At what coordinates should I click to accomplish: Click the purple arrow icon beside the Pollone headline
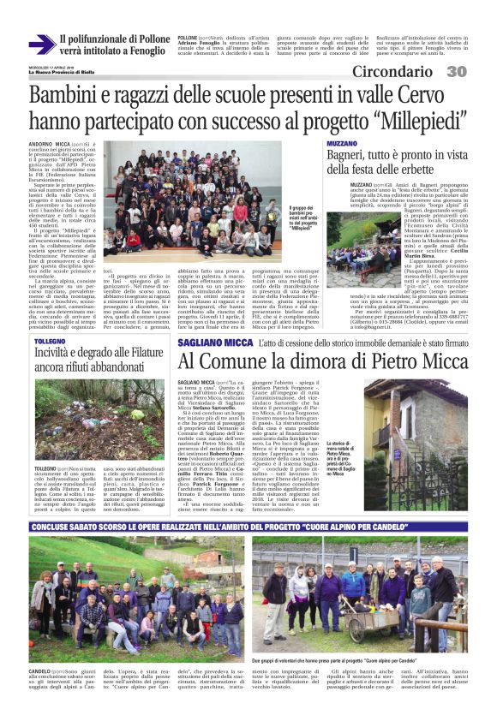click(x=42, y=45)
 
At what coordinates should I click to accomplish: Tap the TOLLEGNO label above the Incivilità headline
click(x=50, y=341)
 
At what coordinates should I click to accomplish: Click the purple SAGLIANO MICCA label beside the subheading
click(x=215, y=342)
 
